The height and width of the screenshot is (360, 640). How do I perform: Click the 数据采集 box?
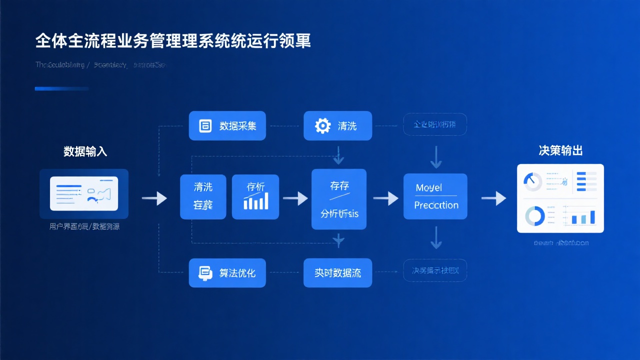click(x=227, y=125)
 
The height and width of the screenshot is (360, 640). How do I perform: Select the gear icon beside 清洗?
click(x=323, y=125)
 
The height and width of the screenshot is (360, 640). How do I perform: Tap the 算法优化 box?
click(x=227, y=273)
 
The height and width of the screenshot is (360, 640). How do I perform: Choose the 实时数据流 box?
click(x=337, y=273)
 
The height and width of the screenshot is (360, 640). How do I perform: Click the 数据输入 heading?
click(x=85, y=151)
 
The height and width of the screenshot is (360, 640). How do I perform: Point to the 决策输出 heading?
click(x=560, y=150)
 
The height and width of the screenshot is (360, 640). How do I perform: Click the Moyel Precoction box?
click(x=435, y=196)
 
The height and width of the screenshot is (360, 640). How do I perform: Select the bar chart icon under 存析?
click(x=255, y=201)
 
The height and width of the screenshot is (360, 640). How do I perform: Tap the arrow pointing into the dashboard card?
click(x=493, y=198)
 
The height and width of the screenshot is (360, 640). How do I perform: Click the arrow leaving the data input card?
click(x=154, y=198)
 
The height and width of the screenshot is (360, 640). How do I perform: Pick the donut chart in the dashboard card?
click(x=534, y=216)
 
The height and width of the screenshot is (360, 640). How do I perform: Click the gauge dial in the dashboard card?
click(x=533, y=181)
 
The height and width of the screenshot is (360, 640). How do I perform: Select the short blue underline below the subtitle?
click(x=61, y=88)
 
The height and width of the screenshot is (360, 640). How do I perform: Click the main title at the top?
click(x=173, y=41)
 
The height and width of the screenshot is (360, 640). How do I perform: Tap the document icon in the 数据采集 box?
click(x=205, y=125)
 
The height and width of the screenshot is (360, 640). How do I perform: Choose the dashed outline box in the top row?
click(x=435, y=124)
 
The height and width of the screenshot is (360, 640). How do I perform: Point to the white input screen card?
click(x=84, y=193)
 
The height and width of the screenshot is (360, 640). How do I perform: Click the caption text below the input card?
click(x=84, y=226)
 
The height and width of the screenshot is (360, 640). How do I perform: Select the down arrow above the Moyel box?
click(x=436, y=157)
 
